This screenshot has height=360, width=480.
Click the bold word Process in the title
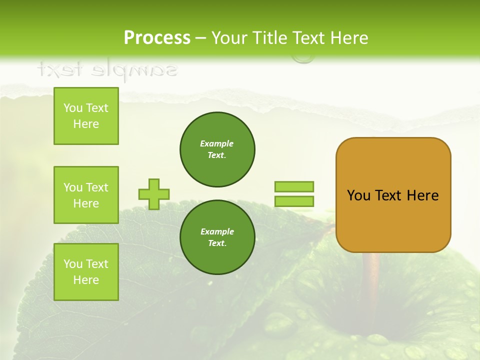[157, 38]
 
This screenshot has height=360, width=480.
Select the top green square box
[86, 116]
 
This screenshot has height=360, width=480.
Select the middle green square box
[86, 195]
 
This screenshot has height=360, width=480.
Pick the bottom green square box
[86, 272]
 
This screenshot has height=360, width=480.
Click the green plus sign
[154, 194]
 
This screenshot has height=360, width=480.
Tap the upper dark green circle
[217, 149]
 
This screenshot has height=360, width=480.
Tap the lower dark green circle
[217, 237]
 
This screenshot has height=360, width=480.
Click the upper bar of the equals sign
[294, 186]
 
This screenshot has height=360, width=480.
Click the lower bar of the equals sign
[294, 201]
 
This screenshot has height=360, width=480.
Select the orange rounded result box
[393, 195]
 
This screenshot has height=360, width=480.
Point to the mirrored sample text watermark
[107, 70]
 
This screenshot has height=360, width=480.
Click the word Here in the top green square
[86, 124]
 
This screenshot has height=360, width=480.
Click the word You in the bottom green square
[73, 264]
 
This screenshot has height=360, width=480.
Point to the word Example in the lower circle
[217, 231]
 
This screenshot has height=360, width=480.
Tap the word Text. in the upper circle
[217, 155]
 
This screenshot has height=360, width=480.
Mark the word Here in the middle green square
[86, 203]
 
